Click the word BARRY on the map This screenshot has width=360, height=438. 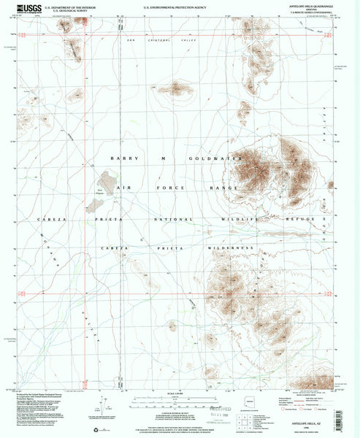(x=121, y=158)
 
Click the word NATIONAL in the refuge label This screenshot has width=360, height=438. (x=171, y=218)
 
